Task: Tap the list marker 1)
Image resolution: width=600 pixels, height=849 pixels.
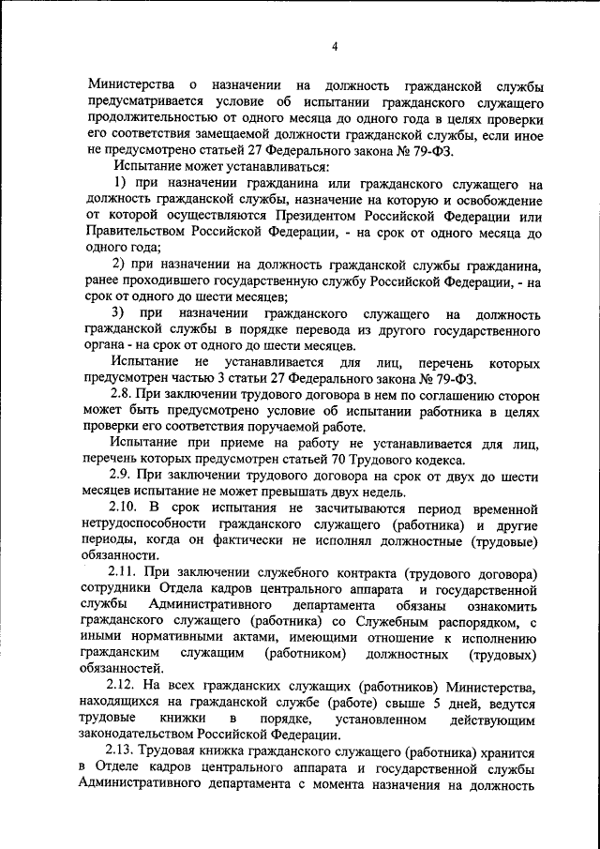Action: pos(121,181)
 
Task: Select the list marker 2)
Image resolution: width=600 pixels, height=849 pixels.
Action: pos(121,263)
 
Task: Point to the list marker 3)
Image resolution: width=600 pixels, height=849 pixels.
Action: pos(121,312)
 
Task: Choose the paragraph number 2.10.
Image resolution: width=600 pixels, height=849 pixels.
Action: pos(127,508)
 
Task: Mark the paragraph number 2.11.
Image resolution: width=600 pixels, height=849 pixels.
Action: pos(127,573)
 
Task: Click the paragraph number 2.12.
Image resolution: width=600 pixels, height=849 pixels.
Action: pos(127,687)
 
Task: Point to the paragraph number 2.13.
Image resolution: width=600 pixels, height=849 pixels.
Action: pos(127,751)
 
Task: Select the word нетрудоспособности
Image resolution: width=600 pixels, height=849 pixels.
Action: pos(145,524)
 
